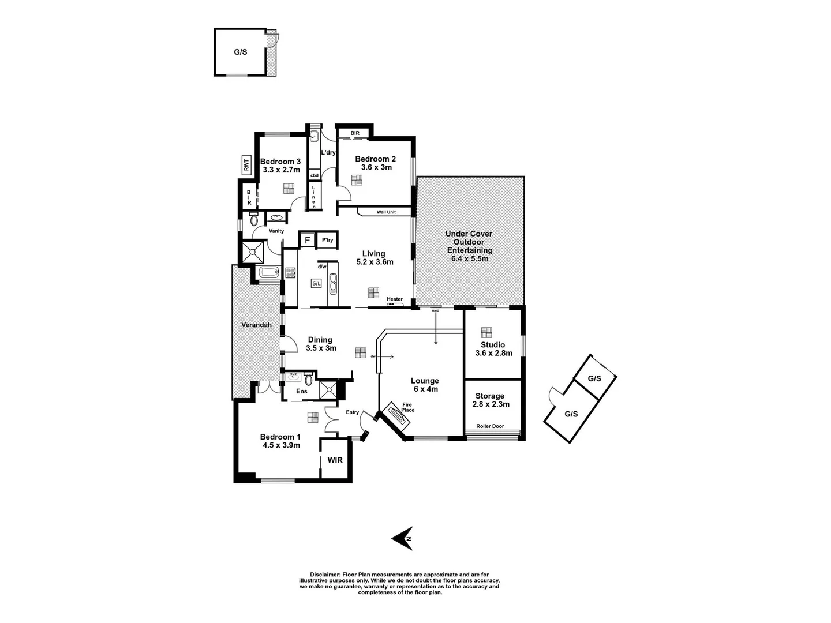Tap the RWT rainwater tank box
(246, 166)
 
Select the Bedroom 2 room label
(375, 159)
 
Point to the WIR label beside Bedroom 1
(335, 460)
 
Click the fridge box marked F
(307, 240)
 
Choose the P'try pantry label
(327, 240)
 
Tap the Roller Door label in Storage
(489, 426)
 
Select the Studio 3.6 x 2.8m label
(493, 349)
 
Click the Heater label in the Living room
(395, 299)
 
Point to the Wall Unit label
(386, 212)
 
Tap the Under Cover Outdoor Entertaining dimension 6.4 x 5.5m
(470, 259)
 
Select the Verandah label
(256, 325)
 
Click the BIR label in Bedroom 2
(354, 133)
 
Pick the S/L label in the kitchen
(316, 283)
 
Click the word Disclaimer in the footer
(325, 575)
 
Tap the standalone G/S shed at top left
(241, 52)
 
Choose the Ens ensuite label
(301, 391)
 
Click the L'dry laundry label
(328, 152)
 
